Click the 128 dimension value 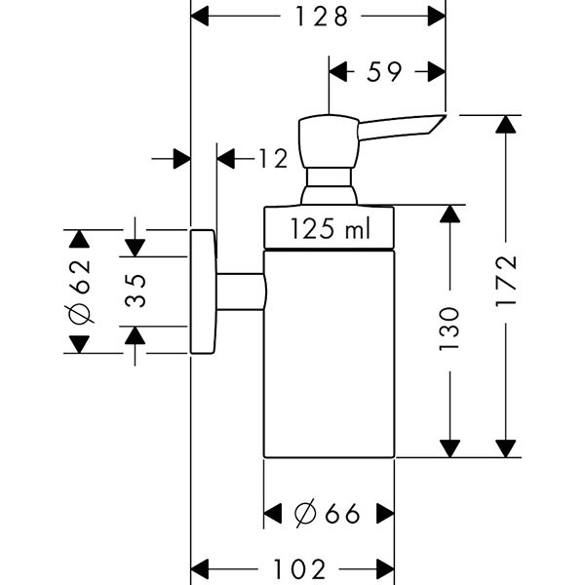[x=318, y=17]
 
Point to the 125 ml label [x=330, y=230]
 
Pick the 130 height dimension [x=449, y=330]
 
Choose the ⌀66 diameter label [x=329, y=513]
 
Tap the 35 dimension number [x=135, y=292]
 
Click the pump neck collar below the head [x=329, y=185]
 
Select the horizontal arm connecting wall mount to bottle [x=240, y=292]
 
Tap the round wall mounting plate [x=202, y=292]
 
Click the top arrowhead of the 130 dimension [x=449, y=214]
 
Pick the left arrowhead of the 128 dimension [x=199, y=17]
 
